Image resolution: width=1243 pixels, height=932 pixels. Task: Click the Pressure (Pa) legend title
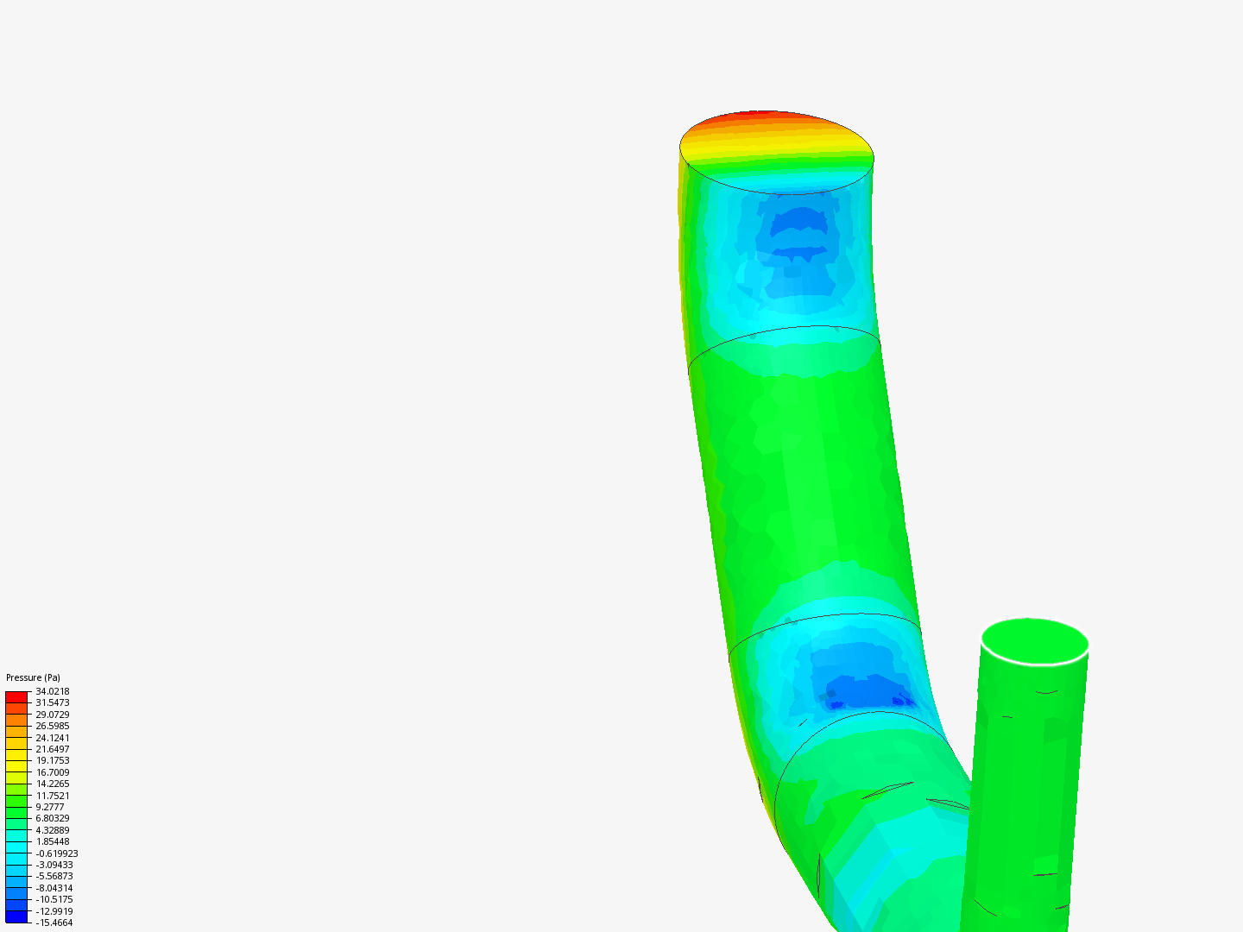33,677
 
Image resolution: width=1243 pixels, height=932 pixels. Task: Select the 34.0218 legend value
53,691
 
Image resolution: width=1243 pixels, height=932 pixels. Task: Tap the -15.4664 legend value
54,923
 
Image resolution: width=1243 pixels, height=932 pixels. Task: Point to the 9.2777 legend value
50,807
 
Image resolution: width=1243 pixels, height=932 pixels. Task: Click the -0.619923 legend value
57,853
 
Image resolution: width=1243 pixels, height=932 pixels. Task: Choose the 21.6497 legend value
53,749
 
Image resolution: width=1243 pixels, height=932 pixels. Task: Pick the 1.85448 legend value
53,841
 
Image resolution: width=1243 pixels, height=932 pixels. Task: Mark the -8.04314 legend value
54,888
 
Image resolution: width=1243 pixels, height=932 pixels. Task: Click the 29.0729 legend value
53,715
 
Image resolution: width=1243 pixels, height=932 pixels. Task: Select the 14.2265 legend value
53,784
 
